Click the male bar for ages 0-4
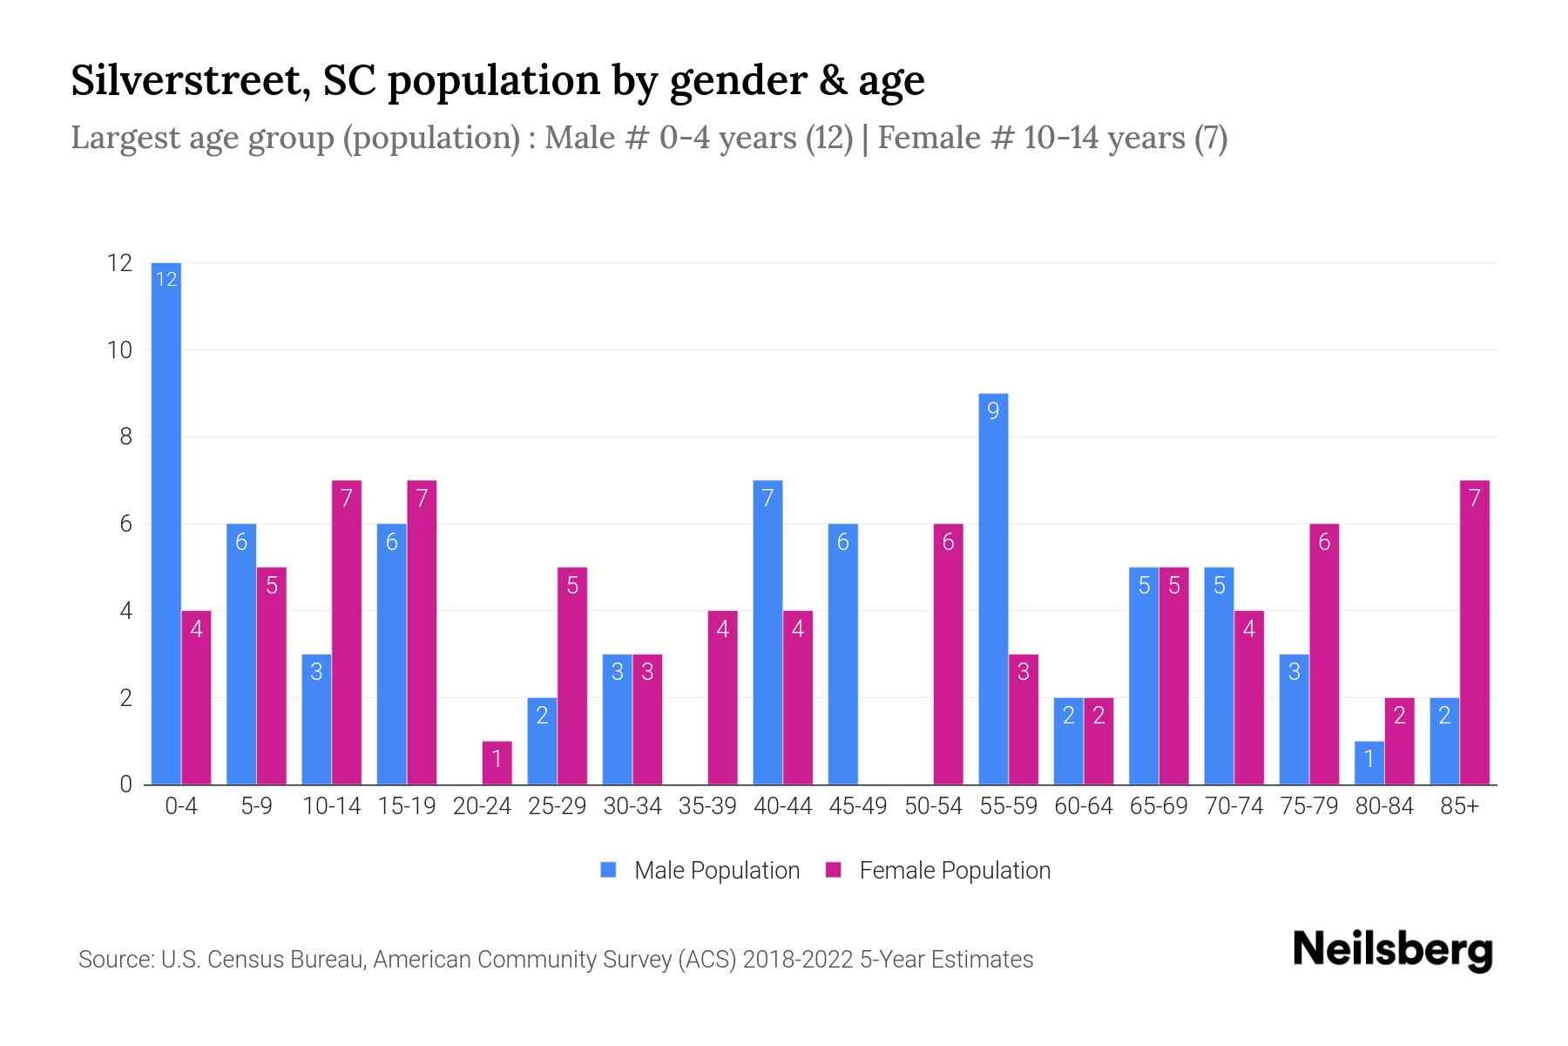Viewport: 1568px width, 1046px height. pos(166,523)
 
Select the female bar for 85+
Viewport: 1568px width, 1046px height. pos(1474,632)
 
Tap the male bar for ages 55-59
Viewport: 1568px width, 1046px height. pos(993,588)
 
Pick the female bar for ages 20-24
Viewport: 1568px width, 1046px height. pos(497,763)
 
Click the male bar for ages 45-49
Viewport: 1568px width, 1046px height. pos(842,654)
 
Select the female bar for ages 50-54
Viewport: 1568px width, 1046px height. pos(948,654)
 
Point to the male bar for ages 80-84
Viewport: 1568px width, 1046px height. pos(1369,763)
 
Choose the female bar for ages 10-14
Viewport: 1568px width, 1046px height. pos(347,632)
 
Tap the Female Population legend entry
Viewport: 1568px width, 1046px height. pos(938,870)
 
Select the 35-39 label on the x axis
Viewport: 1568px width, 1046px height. pos(707,806)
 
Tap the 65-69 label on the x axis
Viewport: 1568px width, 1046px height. pos(1159,806)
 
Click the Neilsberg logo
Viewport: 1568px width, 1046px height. pos(1392,950)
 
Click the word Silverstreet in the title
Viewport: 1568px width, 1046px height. pos(187,81)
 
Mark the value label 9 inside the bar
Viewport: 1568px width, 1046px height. pos(993,411)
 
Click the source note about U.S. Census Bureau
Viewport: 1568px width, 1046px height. pos(556,960)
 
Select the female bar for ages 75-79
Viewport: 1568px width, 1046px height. pos(1324,654)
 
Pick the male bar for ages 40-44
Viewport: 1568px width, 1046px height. pos(767,632)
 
